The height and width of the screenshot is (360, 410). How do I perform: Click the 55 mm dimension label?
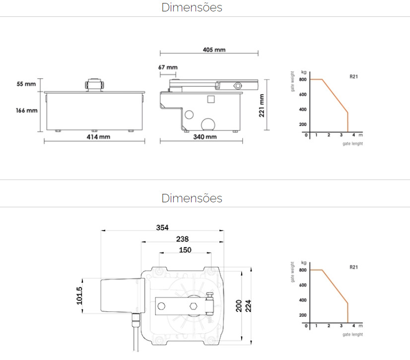pyautogui.click(x=26, y=84)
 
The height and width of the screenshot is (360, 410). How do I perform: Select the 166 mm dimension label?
pyautogui.click(x=26, y=110)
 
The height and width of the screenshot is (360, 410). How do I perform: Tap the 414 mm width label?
pyautogui.click(x=98, y=137)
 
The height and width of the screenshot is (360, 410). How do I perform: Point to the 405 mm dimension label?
pyautogui.click(x=214, y=50)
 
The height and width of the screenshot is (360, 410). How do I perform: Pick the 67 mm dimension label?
pyautogui.click(x=168, y=67)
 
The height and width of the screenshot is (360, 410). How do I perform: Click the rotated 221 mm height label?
pyautogui.click(x=262, y=106)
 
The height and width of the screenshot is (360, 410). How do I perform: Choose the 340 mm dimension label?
pyautogui.click(x=205, y=137)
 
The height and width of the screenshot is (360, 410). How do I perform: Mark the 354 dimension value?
pyautogui.click(x=162, y=228)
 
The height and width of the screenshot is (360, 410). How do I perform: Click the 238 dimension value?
pyautogui.click(x=182, y=239)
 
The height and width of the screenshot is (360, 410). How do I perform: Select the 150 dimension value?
pyautogui.click(x=185, y=250)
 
